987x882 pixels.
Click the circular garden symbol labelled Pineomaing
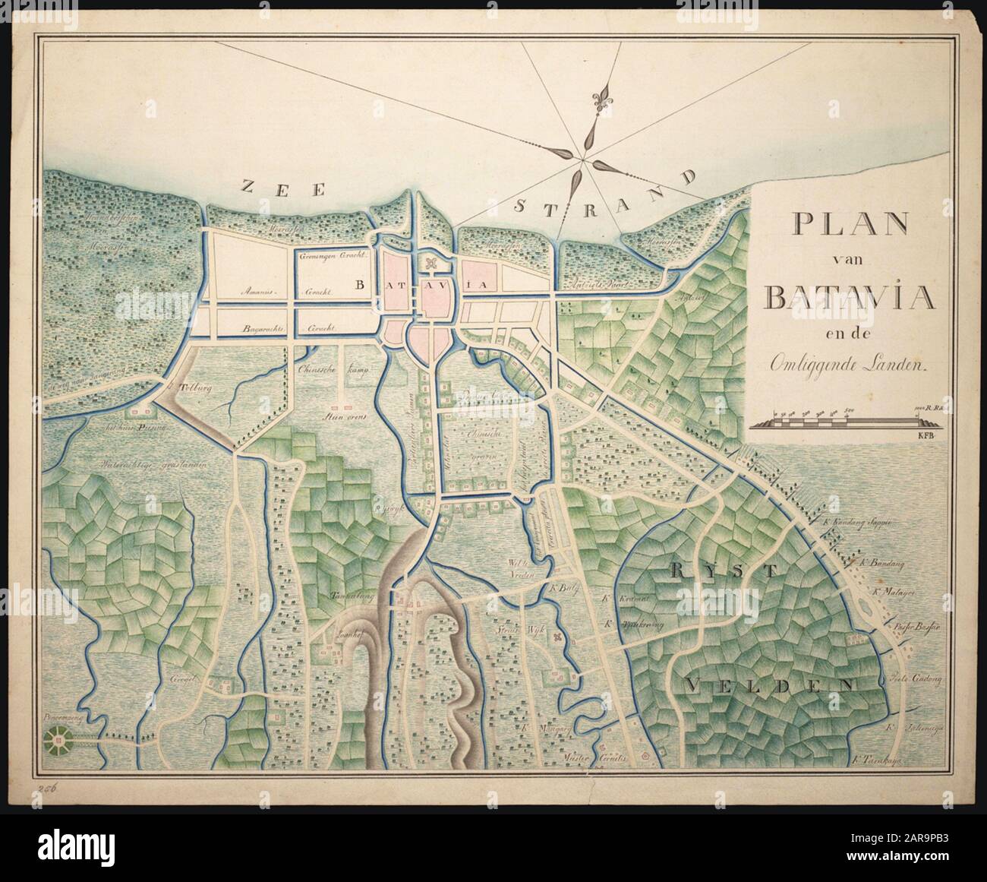(58, 735)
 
